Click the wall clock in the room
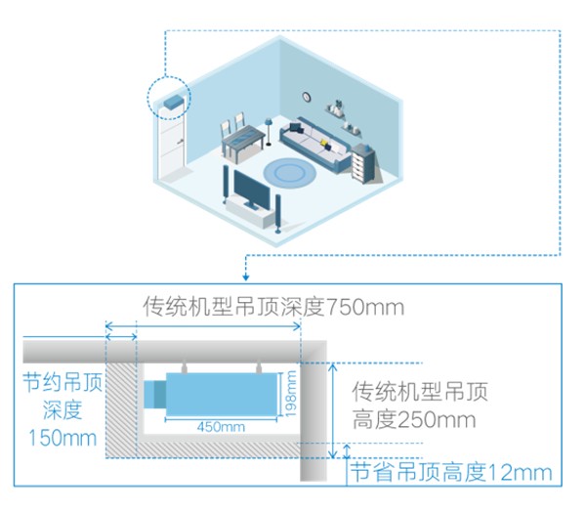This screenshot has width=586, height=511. click(306, 97)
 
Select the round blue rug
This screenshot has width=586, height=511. click(290, 173)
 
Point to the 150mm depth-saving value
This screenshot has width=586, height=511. click(63, 437)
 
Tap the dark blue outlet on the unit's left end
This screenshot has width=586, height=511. click(154, 394)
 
